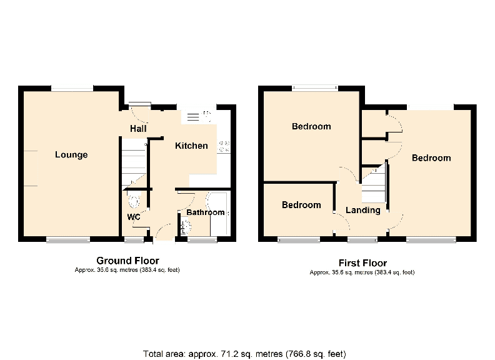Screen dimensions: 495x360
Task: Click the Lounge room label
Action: [x=71, y=155]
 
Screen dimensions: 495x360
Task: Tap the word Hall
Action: [x=138, y=129]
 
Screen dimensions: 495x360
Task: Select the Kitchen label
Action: [x=191, y=146]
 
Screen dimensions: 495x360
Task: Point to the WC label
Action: [x=134, y=217]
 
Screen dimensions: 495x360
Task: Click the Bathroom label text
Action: [x=206, y=212]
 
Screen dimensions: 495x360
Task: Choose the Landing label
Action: [x=363, y=211]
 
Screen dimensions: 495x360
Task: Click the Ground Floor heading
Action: [x=128, y=261]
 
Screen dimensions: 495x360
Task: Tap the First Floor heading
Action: [x=362, y=262]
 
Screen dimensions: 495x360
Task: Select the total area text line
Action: [x=244, y=354]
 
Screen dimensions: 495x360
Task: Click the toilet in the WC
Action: [x=134, y=200]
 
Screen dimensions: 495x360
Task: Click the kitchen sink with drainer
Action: [x=199, y=116]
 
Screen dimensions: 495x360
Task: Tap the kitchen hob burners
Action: [x=224, y=146]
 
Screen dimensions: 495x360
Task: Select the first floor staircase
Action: [x=374, y=185]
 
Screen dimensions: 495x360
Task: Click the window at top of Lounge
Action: [x=72, y=89]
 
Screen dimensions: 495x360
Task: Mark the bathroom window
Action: [x=202, y=239]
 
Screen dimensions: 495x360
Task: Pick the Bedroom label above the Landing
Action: [x=311, y=126]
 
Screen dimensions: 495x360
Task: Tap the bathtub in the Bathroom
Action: [x=219, y=213]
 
